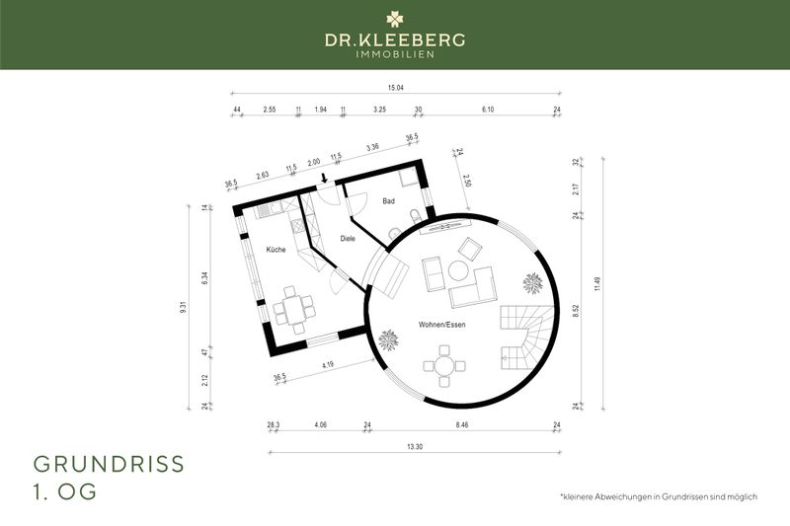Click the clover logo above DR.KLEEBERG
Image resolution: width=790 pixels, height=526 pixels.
pyautogui.click(x=395, y=18)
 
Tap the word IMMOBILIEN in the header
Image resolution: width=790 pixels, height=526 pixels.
pyautogui.click(x=395, y=55)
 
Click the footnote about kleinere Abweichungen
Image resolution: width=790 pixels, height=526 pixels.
pyautogui.click(x=658, y=495)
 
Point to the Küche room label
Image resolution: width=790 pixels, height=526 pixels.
pyautogui.click(x=276, y=250)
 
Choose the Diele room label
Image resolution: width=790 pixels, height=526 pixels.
pyautogui.click(x=348, y=238)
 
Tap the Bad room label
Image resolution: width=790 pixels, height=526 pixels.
pyautogui.click(x=389, y=201)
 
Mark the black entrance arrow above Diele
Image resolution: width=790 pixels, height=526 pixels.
pyautogui.click(x=325, y=179)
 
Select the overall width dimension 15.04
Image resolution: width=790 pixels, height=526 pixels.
pyautogui.click(x=396, y=88)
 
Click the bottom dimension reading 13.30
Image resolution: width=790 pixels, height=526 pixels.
pyautogui.click(x=416, y=446)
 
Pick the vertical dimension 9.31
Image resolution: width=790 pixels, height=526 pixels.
pyautogui.click(x=183, y=308)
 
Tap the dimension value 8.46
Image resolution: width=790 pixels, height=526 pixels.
pyautogui.click(x=462, y=424)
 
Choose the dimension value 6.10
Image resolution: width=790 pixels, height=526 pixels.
pyautogui.click(x=487, y=110)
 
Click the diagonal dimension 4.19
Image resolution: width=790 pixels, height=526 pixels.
pyautogui.click(x=326, y=366)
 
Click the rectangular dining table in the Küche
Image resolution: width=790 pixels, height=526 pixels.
pyautogui.click(x=293, y=308)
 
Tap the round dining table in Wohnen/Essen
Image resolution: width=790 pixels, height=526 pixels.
pyautogui.click(x=445, y=367)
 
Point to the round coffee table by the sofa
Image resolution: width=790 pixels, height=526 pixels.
pyautogui.click(x=458, y=269)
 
